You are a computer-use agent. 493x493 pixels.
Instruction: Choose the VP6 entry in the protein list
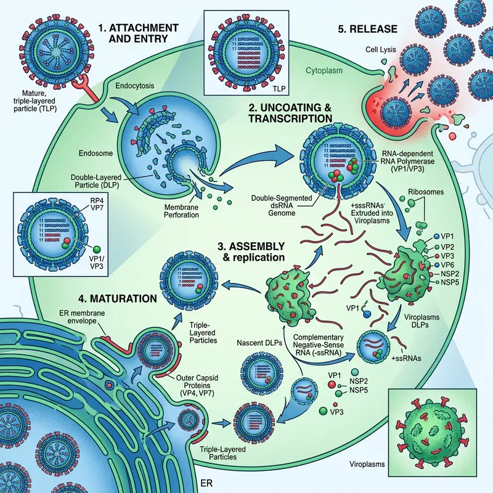[x=447, y=264]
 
